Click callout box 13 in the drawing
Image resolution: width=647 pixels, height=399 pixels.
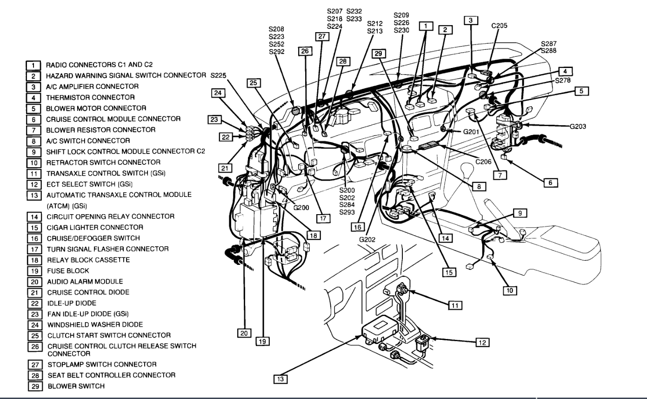281,379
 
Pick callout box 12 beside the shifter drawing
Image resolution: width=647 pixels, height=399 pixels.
481,342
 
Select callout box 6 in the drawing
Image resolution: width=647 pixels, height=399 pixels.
550,183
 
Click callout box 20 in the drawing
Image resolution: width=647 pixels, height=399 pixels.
244,333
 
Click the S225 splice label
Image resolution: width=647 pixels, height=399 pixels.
220,75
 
